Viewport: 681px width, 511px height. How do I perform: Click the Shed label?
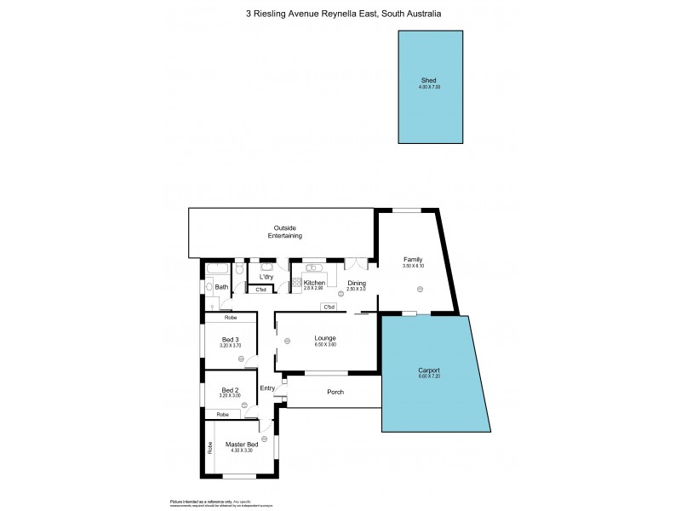[430, 80]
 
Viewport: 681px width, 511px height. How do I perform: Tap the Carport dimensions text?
[429, 376]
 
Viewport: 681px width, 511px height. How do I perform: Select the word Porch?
[335, 392]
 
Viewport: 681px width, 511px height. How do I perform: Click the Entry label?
[267, 388]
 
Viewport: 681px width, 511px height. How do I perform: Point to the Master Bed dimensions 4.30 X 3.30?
[242, 451]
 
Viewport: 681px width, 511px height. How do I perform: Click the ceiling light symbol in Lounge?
[288, 341]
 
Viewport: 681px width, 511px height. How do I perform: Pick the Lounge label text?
[325, 337]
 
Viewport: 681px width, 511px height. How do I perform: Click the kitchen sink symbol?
[312, 267]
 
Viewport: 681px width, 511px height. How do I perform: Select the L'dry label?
[266, 277]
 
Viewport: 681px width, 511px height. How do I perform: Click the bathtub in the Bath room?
[213, 269]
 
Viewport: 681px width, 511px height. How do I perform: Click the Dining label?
[357, 283]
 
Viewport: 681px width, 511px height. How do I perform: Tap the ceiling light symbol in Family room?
[419, 290]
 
